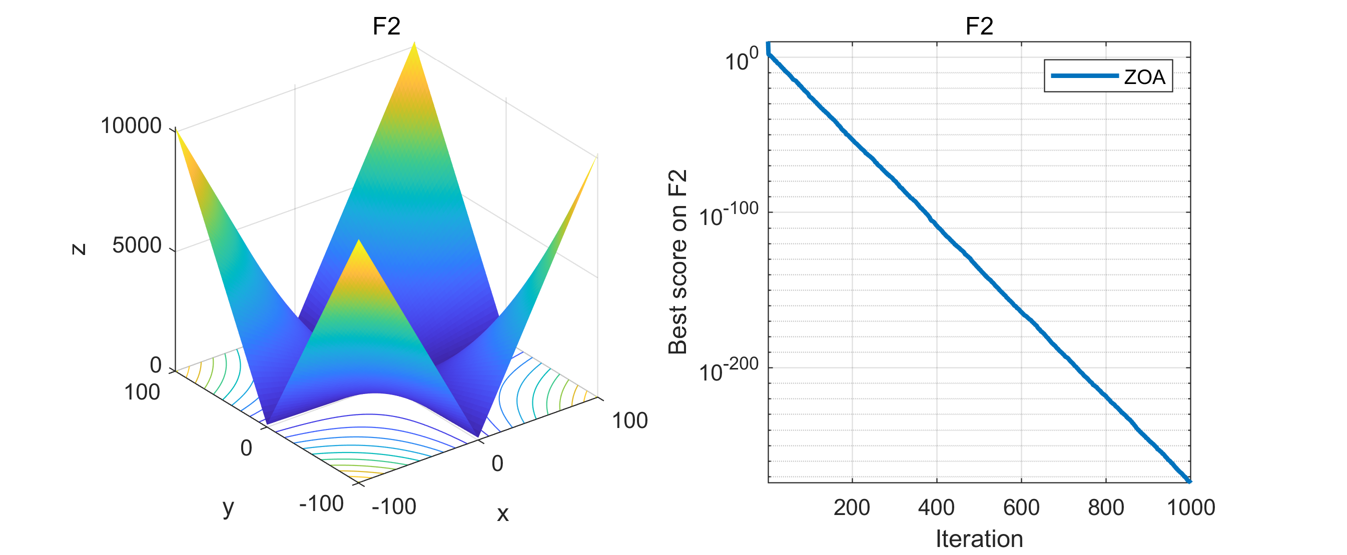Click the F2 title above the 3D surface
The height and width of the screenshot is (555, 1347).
coord(386,26)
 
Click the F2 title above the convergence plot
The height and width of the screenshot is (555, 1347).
coord(979,26)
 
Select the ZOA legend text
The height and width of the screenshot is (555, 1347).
coord(1144,77)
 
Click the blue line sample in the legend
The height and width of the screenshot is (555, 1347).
coord(1084,76)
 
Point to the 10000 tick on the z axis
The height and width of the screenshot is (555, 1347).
coord(131,126)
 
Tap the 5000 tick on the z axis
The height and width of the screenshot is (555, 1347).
coord(137,245)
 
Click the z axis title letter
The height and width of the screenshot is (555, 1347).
coord(79,249)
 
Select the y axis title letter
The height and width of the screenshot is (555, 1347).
coord(229,507)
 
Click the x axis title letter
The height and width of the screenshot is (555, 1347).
coord(502,513)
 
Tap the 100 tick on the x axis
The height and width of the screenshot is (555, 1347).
coord(629,420)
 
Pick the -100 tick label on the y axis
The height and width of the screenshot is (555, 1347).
coord(321,504)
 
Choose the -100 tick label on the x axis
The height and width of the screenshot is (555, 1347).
coord(394,506)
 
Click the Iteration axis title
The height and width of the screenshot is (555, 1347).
coord(979,539)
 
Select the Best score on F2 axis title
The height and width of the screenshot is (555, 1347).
coord(678,262)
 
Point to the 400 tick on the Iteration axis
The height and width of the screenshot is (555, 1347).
coord(936,507)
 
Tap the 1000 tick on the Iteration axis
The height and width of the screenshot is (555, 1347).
coord(1191,507)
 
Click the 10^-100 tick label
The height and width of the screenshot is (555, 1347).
coord(729,214)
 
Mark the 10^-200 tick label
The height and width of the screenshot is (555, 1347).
coord(729,369)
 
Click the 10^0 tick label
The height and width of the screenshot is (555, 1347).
coord(741,59)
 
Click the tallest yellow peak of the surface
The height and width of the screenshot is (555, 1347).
coord(414,44)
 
